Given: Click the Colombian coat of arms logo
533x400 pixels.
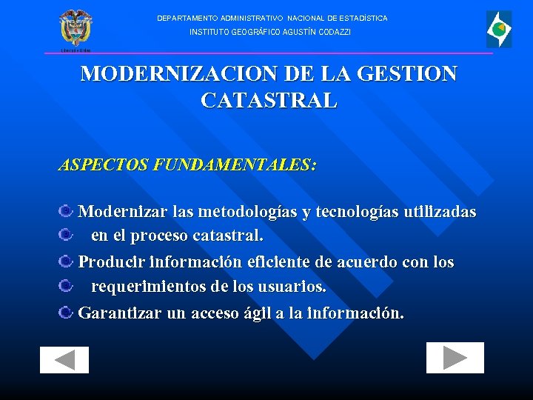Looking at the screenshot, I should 76,30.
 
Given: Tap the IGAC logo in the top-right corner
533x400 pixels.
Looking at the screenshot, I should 498,30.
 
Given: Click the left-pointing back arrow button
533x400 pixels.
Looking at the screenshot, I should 64,360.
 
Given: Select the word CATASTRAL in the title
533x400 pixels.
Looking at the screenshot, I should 269,100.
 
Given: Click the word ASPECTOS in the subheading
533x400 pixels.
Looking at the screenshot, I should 103,165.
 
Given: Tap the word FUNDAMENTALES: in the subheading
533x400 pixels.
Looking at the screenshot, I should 235,165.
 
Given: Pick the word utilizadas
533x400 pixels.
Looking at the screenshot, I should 440,212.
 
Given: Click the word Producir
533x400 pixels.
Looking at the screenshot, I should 111,262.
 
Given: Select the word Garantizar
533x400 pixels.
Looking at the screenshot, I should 120,313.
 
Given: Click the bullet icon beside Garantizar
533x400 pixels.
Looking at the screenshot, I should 66,313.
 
